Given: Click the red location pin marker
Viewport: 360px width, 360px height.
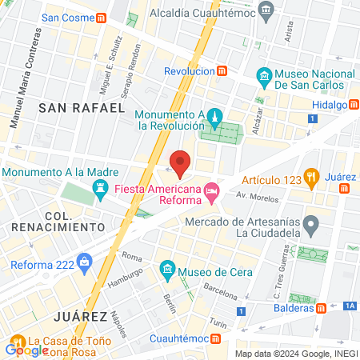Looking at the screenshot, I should pos(180,162).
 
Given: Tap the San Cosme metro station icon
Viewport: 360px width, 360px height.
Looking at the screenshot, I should pos(102,18).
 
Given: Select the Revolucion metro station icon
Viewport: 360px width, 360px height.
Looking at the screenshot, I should pos(222,70).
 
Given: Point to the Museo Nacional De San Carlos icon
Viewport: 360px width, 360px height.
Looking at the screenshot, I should pos(263,78).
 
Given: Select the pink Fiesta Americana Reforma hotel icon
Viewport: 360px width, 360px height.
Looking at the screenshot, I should pos(211,190).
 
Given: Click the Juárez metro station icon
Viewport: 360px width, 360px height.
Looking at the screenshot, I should pos(345,189).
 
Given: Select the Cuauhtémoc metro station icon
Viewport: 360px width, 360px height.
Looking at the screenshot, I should pos(216,338).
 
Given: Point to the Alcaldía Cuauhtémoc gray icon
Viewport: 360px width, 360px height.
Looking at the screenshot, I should pos(267,11).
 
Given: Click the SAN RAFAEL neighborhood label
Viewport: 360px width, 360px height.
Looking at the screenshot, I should pos(82,107).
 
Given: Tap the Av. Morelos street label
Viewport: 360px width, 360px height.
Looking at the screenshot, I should pos(250,195).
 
